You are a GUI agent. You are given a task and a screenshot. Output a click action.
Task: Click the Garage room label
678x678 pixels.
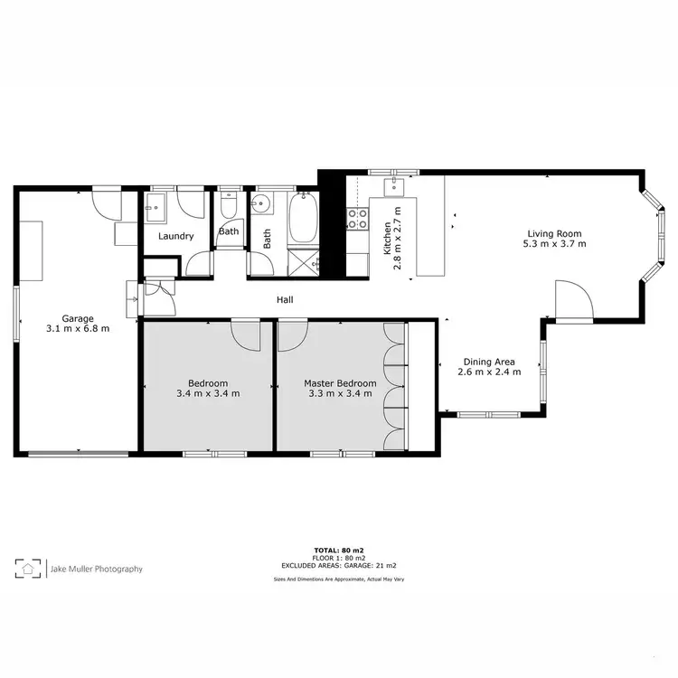[x=78, y=317]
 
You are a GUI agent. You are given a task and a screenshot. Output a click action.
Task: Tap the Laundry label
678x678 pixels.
[x=175, y=236]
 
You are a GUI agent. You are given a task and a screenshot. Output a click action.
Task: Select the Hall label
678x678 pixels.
[x=285, y=300]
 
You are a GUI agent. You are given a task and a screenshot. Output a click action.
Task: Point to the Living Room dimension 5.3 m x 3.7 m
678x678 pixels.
[x=557, y=243]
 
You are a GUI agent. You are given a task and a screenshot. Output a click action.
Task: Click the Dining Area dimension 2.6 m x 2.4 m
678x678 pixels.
[x=489, y=372]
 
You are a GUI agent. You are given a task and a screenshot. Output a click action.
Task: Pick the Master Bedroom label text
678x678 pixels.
[x=340, y=382]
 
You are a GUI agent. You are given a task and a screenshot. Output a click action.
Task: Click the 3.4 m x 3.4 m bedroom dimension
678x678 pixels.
[x=208, y=393]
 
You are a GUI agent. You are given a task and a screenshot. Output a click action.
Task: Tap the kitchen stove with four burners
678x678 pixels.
[x=358, y=218]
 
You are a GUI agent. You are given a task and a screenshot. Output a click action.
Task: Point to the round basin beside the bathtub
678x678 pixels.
[x=261, y=203]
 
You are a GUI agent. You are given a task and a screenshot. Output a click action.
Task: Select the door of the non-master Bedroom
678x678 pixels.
[x=246, y=334]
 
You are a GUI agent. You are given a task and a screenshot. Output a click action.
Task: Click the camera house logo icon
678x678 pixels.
[x=29, y=569]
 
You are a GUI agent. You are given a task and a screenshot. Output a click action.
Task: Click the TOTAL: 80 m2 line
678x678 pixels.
[x=338, y=550]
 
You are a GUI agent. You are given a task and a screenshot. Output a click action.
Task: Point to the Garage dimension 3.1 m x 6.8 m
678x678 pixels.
[x=78, y=328]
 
